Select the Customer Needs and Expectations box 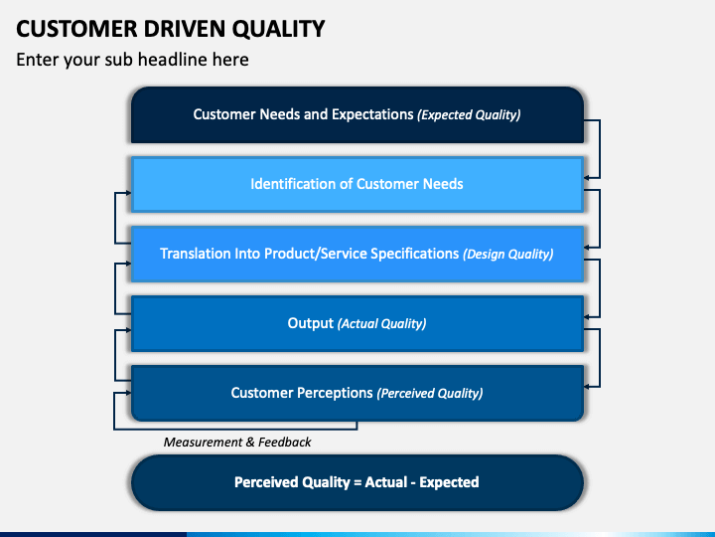click(357, 114)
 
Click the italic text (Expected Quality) click(469, 115)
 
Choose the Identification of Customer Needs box click(357, 184)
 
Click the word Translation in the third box click(197, 254)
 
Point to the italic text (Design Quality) click(507, 255)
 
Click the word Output click(310, 323)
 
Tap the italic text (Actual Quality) click(381, 324)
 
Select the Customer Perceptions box click(357, 393)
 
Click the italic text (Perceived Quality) click(430, 394)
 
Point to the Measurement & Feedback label click(237, 442)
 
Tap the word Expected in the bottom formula click(449, 482)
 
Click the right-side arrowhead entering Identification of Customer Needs click(589, 178)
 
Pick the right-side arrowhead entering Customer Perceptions click(589, 387)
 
